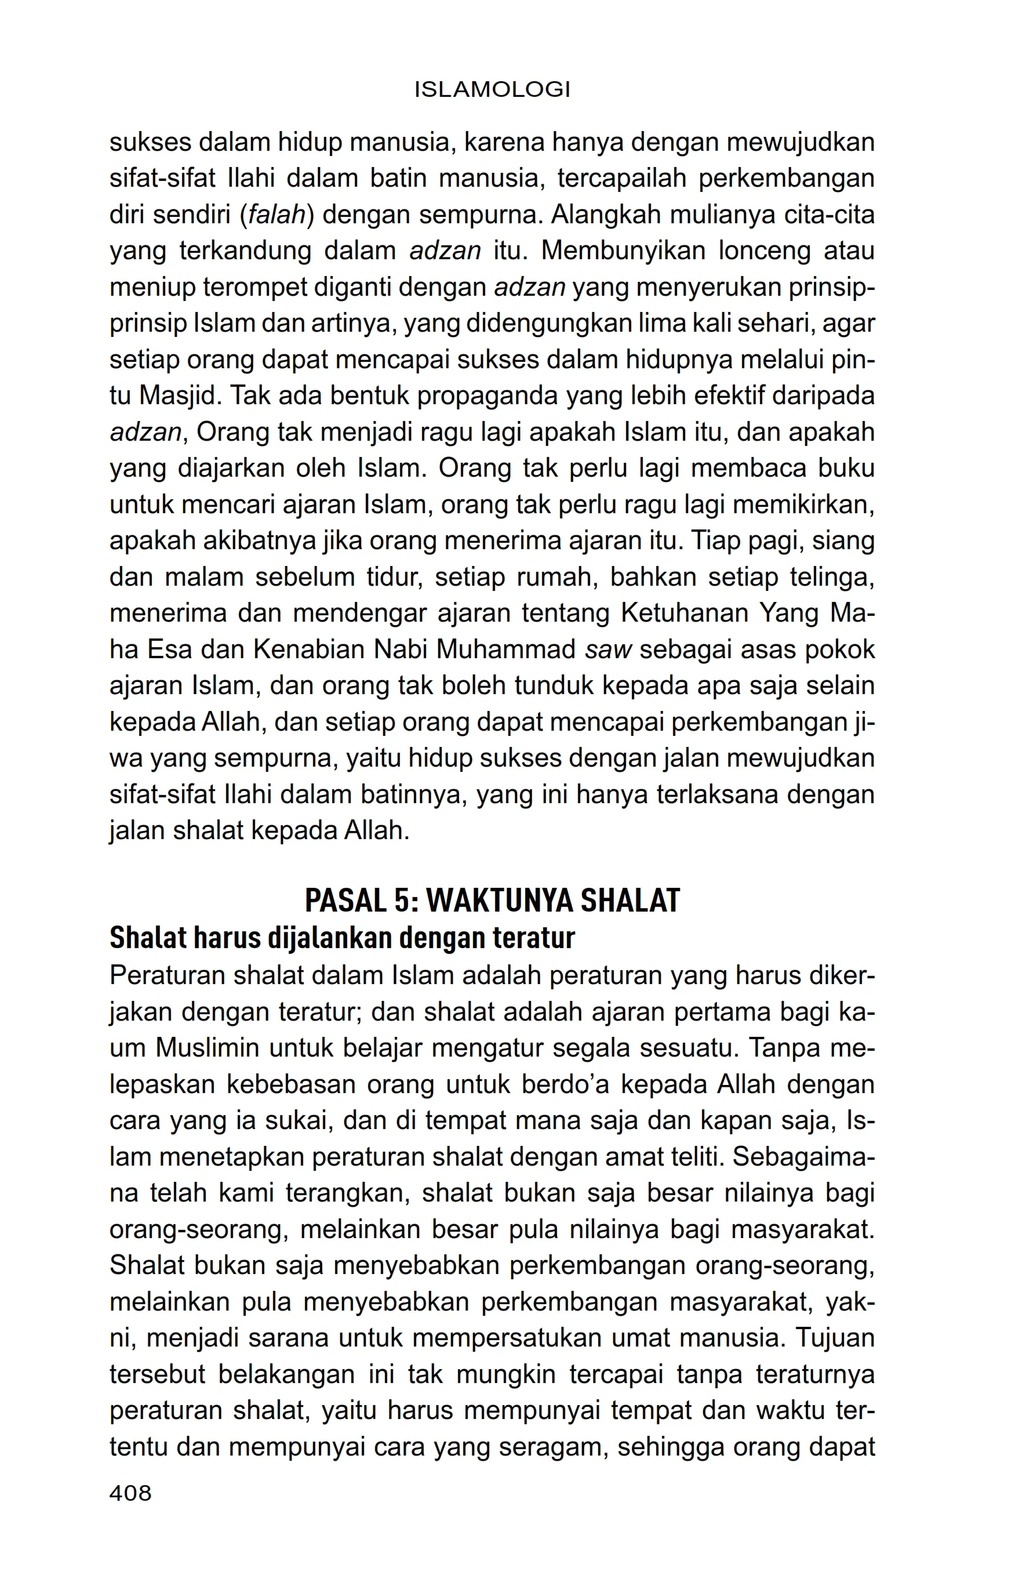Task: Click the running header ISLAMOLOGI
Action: tap(492, 89)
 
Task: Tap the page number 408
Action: tap(130, 1492)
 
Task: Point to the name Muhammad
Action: tap(505, 649)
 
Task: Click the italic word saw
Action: tap(609, 649)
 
